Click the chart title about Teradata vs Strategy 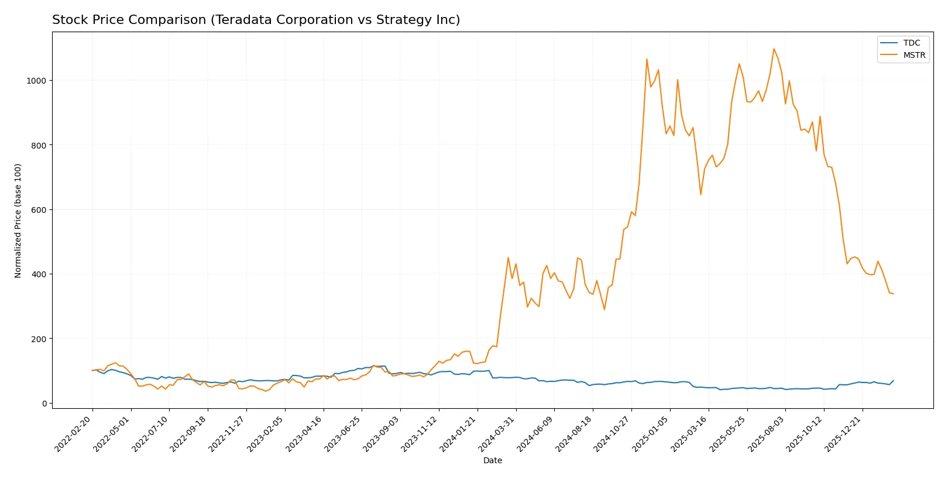pos(256,20)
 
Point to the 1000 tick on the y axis pos(36,81)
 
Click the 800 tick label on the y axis pos(38,145)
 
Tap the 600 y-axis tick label pos(38,210)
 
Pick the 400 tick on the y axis pos(38,274)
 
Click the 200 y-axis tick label pos(38,339)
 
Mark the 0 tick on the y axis pos(44,404)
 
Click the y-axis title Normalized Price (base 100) pos(18,220)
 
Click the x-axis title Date pos(492,460)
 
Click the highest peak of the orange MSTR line pos(774,49)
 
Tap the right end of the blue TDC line pos(894,381)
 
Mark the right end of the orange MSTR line pos(894,294)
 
